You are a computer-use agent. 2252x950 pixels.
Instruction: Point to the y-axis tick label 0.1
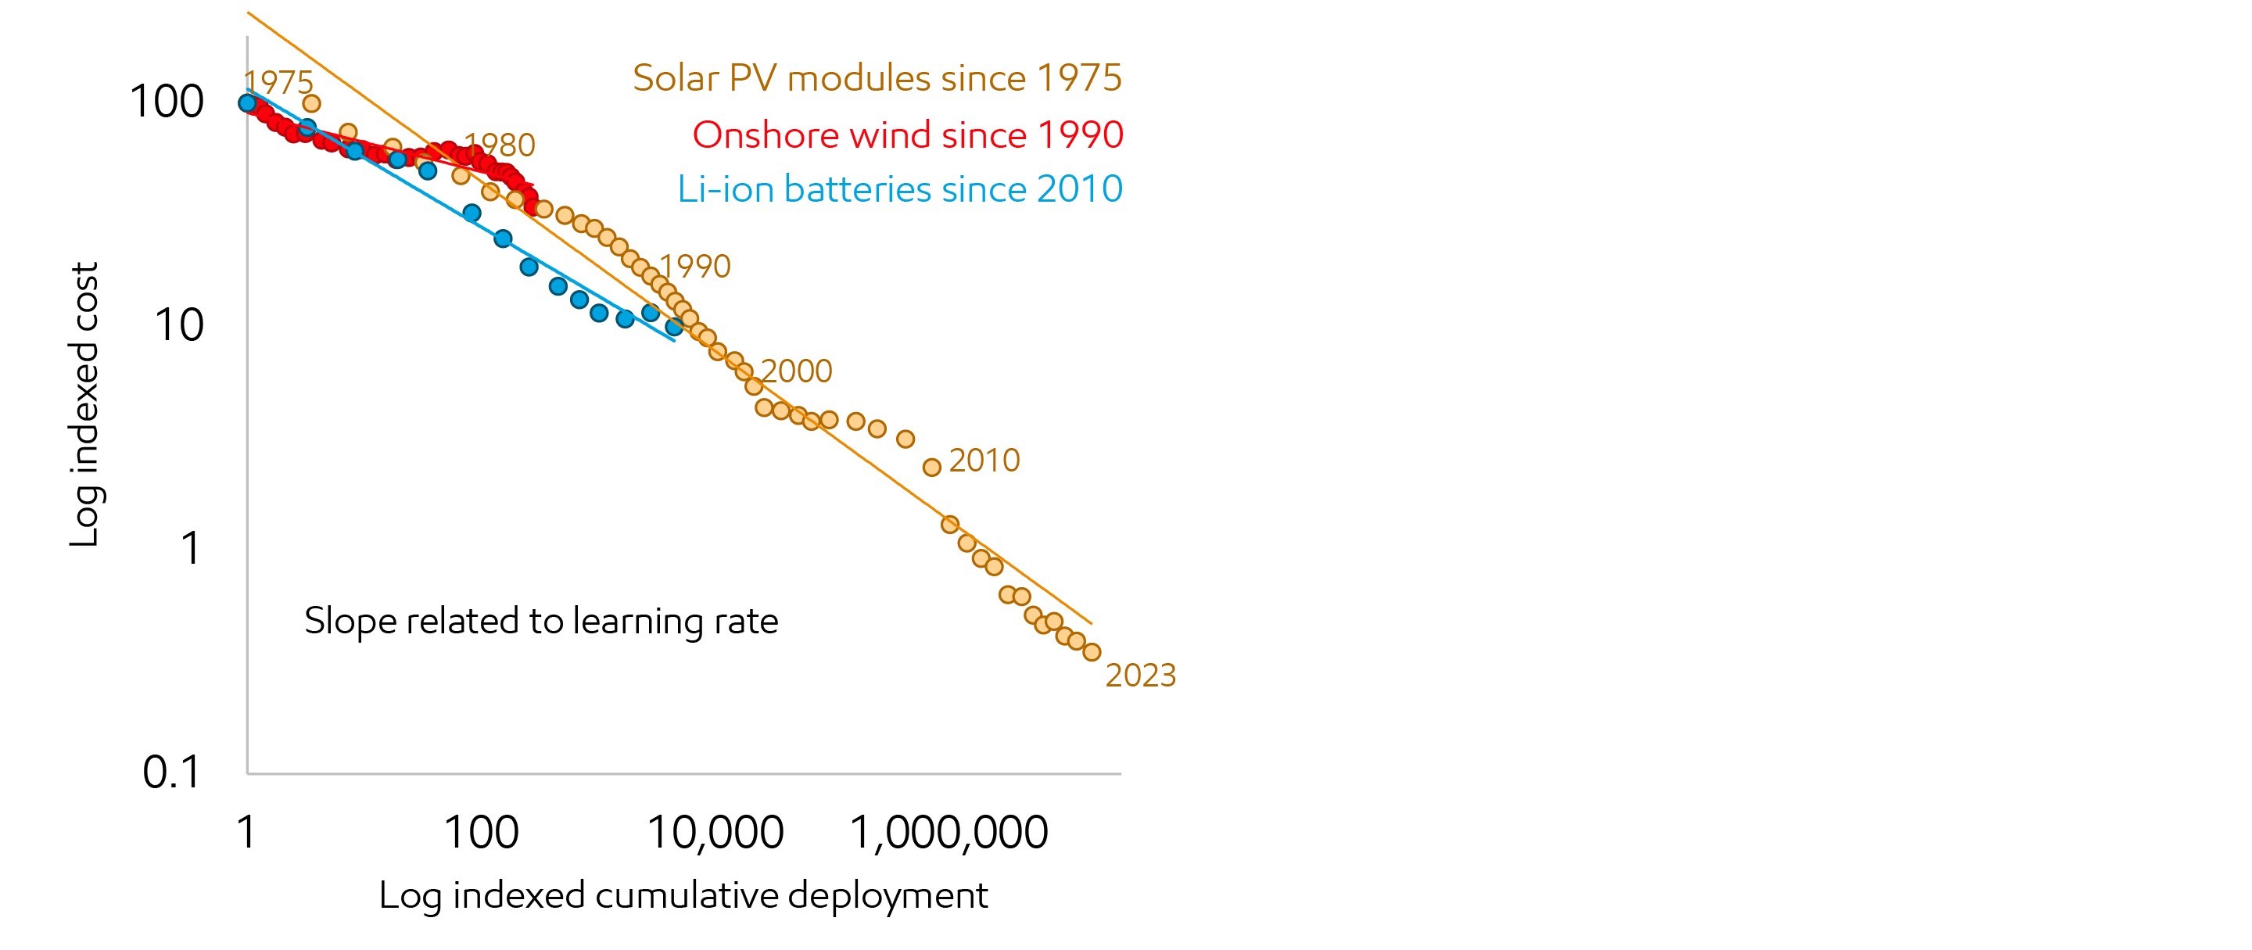point(171,773)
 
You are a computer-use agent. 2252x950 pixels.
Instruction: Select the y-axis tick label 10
point(178,325)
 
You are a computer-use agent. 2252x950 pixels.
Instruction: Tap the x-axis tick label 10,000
point(715,832)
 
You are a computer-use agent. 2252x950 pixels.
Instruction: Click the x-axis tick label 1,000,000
point(948,832)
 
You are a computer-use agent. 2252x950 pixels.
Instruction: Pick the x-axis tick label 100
point(482,832)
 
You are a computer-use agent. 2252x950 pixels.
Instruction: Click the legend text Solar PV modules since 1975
point(877,77)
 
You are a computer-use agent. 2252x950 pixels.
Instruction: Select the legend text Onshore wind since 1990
point(907,134)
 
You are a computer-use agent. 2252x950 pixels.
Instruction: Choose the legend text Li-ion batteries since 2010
point(899,188)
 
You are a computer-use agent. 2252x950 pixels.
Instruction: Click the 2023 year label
point(1140,676)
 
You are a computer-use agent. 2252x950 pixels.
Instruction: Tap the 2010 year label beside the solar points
point(984,461)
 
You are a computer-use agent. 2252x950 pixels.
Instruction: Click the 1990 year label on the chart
point(695,267)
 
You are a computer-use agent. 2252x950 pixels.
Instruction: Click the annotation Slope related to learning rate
point(540,621)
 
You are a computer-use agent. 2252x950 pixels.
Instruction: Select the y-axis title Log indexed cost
point(84,405)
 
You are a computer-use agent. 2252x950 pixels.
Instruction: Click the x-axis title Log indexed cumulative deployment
point(683,896)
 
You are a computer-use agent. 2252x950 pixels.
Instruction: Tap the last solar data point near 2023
point(1091,652)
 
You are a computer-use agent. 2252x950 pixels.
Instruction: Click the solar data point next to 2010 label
point(932,468)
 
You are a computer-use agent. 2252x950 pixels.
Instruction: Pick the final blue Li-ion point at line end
point(674,327)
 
